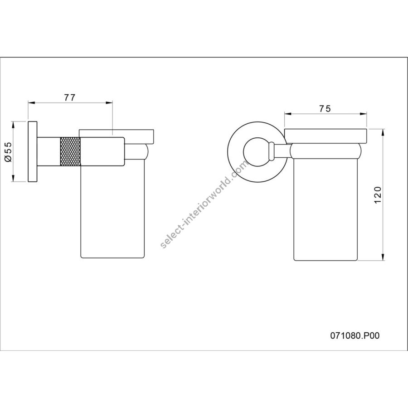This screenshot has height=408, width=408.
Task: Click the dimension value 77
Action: click(70, 97)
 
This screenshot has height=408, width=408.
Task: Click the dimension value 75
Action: click(325, 108)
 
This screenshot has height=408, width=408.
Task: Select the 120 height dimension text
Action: click(378, 195)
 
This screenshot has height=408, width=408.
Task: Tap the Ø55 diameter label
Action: click(8, 152)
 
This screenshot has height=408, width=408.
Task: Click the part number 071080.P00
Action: click(355, 335)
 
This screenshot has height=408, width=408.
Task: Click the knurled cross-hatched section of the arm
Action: click(70, 151)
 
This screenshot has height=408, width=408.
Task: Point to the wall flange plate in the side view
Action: click(32, 151)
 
